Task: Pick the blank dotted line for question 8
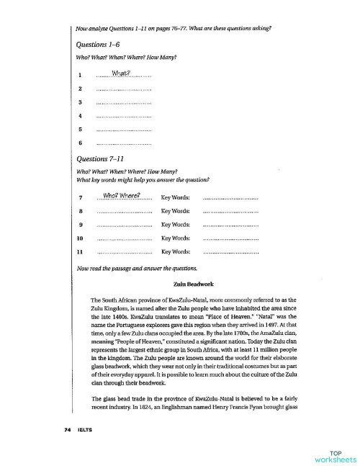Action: pos(123,211)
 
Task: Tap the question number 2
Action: pos(80,89)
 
